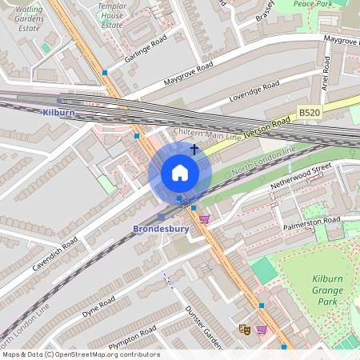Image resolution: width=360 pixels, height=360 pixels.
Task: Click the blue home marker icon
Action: [180, 173]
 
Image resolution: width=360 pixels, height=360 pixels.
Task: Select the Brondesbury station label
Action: [160, 229]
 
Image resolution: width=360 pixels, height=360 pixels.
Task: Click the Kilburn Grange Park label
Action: [326, 290]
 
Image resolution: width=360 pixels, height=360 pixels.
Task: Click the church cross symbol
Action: [194, 149]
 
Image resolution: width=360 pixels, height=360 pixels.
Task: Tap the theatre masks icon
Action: [245, 328]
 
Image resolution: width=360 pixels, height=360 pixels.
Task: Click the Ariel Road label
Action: [326, 78]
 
